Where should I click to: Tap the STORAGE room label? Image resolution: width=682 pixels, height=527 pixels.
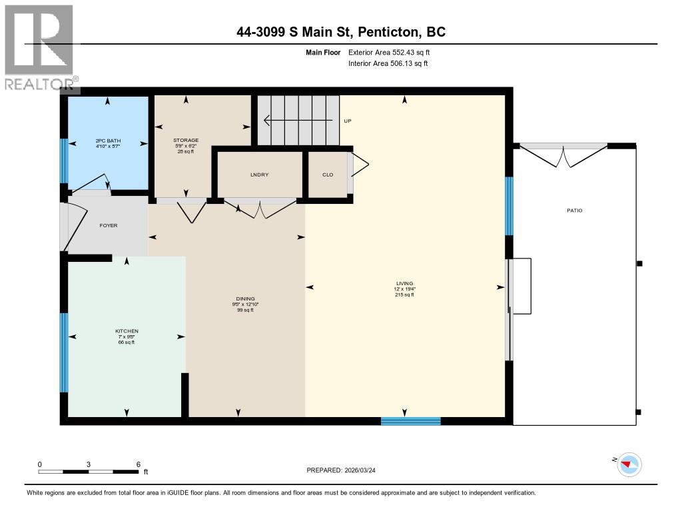186,140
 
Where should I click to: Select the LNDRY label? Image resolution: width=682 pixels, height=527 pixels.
259,175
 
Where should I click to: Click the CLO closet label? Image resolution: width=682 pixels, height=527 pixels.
328,175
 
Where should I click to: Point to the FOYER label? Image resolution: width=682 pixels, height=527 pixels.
109,225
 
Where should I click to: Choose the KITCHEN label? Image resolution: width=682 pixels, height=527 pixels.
126,330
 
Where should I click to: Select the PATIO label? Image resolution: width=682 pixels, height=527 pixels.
574,211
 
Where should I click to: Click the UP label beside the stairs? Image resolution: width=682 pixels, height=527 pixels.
347,121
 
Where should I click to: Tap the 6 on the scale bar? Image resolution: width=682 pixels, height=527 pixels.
137,464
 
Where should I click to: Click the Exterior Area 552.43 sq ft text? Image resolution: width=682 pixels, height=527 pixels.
394,52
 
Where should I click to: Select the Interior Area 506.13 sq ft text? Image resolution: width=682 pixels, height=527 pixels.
388,63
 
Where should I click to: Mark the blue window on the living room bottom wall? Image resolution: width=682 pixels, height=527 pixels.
410,421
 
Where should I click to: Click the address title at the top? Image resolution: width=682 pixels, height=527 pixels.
341,31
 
